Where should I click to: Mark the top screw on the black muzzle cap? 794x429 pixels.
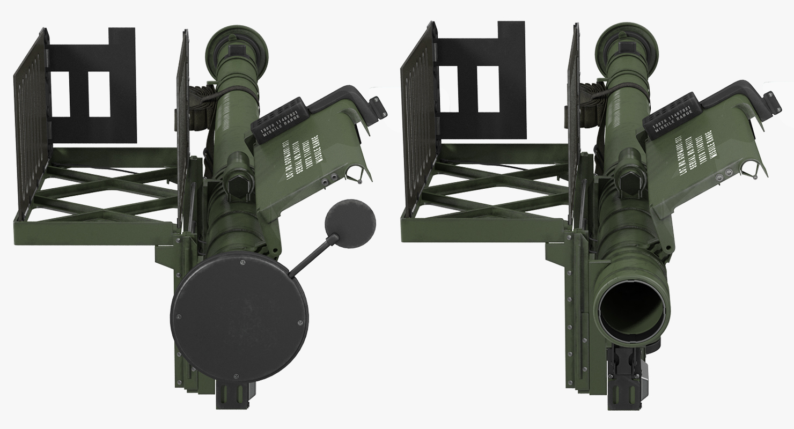243,262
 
